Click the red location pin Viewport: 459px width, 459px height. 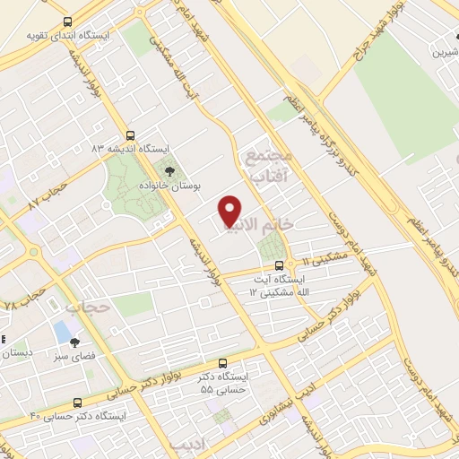[x=230, y=210]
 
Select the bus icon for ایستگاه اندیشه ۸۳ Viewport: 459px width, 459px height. [x=131, y=134]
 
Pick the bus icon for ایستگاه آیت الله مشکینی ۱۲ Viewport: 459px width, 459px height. [x=280, y=265]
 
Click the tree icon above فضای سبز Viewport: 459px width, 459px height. [x=75, y=342]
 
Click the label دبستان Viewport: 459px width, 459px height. [x=18, y=352]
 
